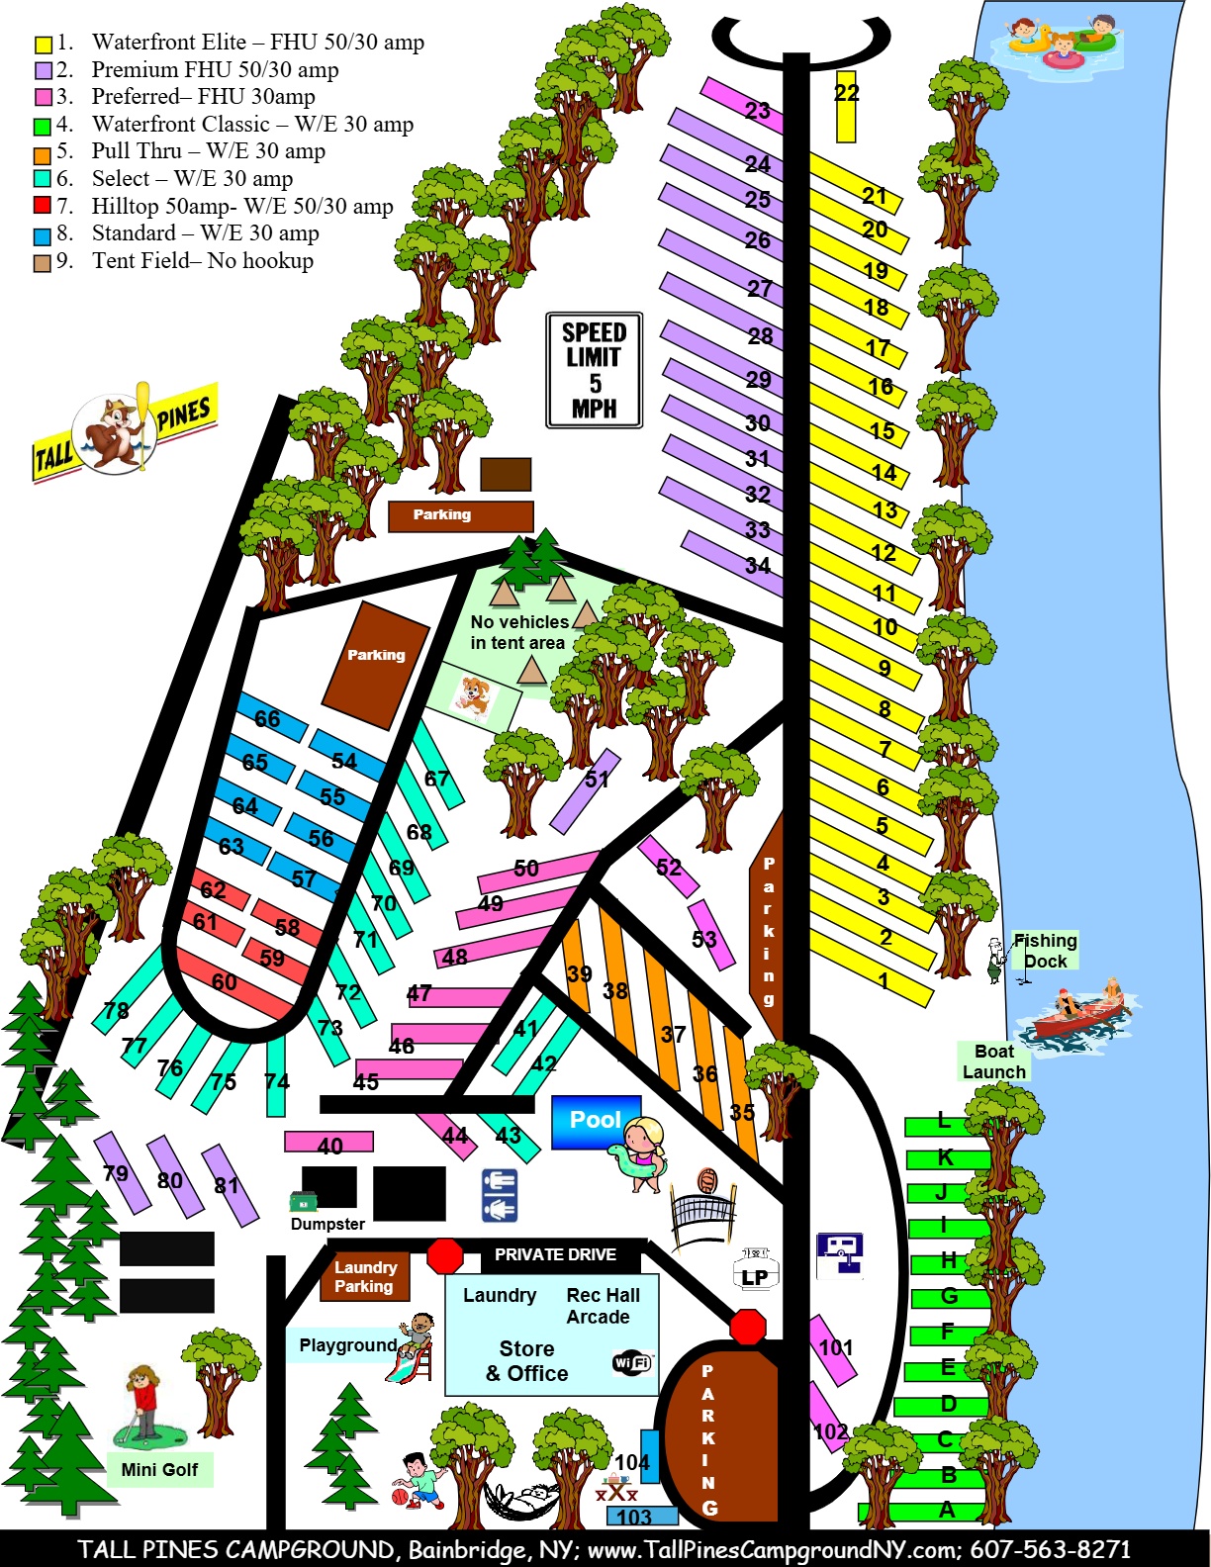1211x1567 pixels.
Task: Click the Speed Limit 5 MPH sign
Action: [x=595, y=370]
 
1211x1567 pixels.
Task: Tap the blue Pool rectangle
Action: [x=596, y=1121]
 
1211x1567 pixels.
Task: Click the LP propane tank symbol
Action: [x=755, y=1271]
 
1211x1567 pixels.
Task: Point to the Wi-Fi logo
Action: [x=632, y=1362]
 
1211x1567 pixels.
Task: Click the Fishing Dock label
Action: [x=1045, y=950]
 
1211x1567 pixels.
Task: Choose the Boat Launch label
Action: [x=994, y=1061]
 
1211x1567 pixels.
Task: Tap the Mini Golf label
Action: [x=159, y=1469]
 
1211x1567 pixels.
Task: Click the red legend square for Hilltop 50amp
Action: [x=42, y=206]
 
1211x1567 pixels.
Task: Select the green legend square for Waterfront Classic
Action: [x=42, y=126]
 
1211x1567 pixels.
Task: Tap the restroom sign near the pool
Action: [x=500, y=1195]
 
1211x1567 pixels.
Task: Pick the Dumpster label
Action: [x=327, y=1224]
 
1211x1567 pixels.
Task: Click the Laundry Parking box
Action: [x=364, y=1277]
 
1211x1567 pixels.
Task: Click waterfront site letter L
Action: [x=945, y=1123]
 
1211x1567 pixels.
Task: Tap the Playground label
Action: [x=347, y=1345]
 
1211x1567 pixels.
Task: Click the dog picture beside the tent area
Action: [x=473, y=696]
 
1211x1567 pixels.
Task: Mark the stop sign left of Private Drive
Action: [x=445, y=1256]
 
